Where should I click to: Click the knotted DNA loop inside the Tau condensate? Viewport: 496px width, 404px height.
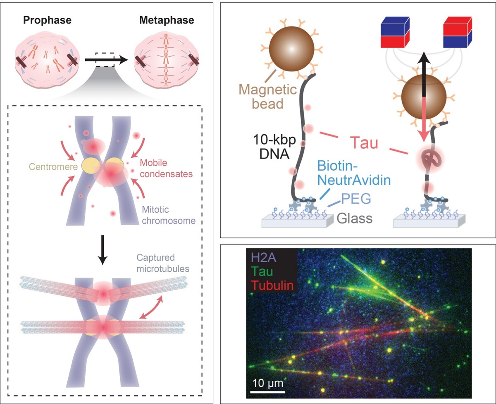(426, 158)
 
